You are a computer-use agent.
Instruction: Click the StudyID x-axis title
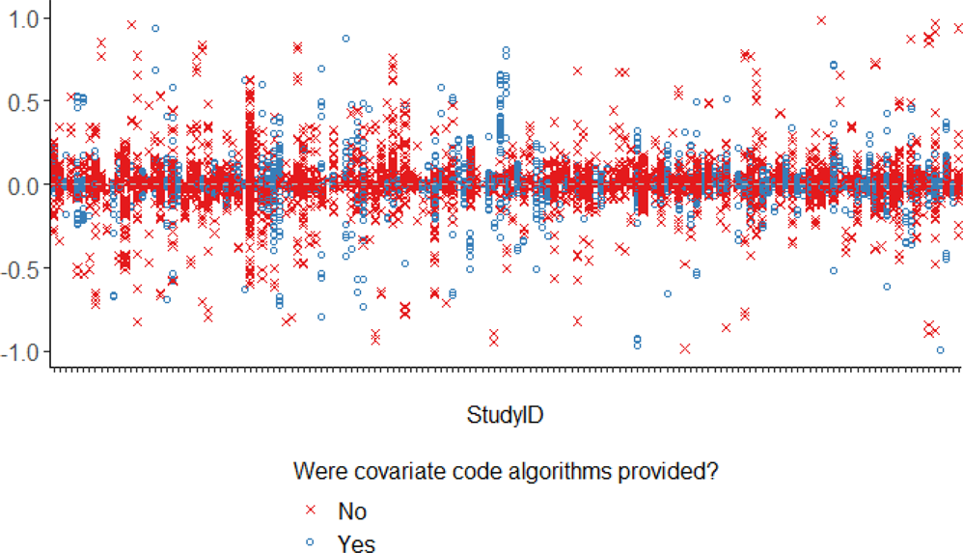[x=505, y=416]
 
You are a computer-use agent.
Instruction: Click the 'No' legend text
[x=352, y=511]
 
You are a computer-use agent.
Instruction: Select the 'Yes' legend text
[x=356, y=543]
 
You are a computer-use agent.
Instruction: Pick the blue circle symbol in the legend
[x=310, y=543]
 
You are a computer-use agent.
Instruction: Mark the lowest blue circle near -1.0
[x=940, y=350]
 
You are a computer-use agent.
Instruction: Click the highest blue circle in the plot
[x=155, y=28]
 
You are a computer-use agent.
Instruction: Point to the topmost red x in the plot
[x=821, y=19]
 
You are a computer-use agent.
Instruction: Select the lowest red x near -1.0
[x=685, y=348]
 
